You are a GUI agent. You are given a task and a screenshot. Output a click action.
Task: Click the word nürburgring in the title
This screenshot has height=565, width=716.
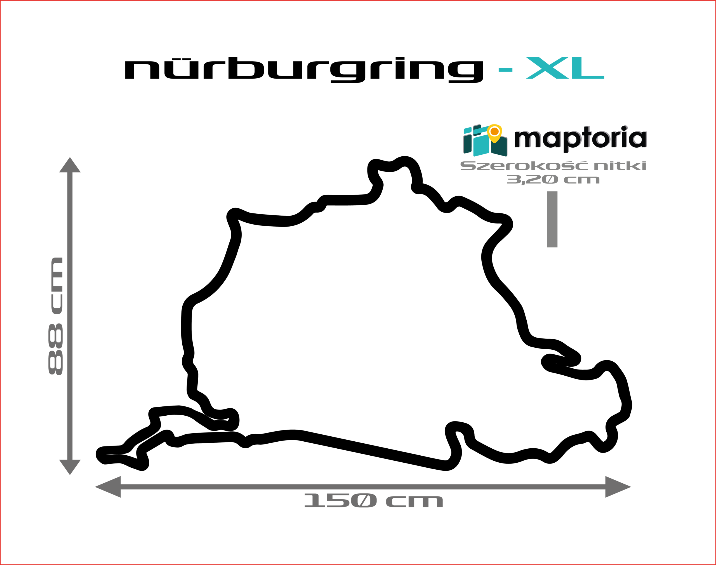tap(304, 70)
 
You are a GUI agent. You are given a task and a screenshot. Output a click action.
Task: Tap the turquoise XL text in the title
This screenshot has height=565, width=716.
tap(565, 68)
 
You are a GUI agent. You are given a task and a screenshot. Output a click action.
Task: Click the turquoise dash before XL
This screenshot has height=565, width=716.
tap(505, 70)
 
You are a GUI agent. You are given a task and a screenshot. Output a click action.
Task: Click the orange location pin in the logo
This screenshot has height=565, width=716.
tap(494, 133)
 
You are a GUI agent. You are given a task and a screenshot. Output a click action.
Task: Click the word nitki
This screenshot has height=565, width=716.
tap(620, 166)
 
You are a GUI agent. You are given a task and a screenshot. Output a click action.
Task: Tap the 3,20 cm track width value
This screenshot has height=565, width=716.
tap(553, 180)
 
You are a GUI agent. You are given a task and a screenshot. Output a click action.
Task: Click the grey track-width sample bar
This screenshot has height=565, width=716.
tap(552, 219)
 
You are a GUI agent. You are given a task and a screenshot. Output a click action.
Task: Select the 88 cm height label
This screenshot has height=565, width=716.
tap(56, 316)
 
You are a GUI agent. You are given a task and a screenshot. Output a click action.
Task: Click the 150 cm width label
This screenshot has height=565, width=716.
tap(373, 500)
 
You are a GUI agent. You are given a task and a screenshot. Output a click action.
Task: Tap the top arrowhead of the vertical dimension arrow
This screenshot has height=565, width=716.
tap(70, 165)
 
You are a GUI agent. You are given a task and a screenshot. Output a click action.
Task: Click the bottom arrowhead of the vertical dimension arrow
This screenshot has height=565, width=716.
tap(70, 467)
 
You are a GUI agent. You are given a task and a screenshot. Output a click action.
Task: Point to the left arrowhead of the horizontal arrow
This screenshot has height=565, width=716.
tap(108, 487)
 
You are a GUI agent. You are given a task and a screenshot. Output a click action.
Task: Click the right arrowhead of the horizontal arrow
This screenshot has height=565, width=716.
tap(618, 487)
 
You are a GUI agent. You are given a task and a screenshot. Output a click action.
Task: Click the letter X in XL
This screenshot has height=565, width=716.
tap(547, 68)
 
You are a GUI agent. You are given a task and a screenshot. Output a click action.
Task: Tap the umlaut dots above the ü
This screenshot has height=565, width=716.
tap(182, 59)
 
